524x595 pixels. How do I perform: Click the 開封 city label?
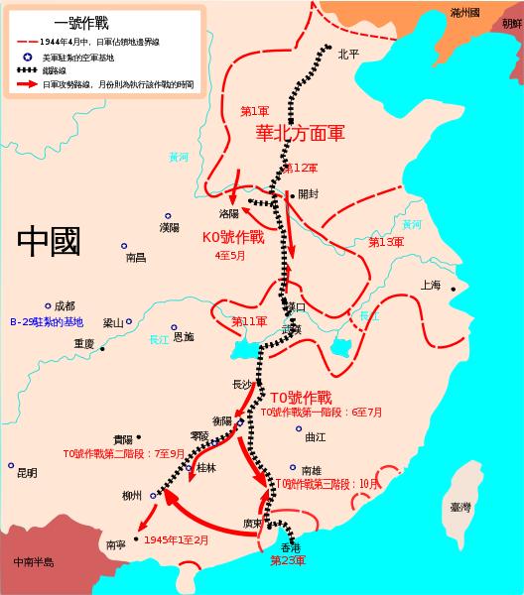point(309,194)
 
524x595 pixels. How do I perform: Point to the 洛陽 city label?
point(229,212)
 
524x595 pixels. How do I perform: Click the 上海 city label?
point(431,285)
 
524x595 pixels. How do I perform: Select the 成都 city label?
point(65,306)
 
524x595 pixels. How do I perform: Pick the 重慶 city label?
point(82,344)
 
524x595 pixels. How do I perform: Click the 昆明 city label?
point(28,473)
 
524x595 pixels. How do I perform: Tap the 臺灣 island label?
point(460,506)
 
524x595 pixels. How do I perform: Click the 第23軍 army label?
point(288,560)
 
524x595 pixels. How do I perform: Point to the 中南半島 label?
point(34,562)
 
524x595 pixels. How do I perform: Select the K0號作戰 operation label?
point(233,238)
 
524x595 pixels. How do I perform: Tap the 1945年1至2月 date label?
point(177,539)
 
